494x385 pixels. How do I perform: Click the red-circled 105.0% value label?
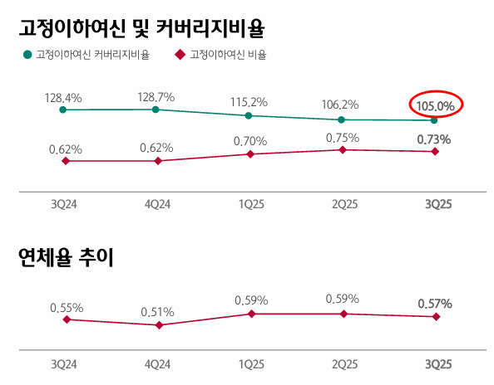(435, 105)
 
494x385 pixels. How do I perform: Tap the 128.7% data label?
(156, 97)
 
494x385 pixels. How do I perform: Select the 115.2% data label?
(249, 102)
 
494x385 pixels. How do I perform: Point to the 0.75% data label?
(342, 137)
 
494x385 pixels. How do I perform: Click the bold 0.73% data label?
(435, 139)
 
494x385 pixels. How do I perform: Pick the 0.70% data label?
(249, 141)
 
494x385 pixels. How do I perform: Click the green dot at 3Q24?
(64, 110)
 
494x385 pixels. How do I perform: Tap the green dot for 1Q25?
(249, 115)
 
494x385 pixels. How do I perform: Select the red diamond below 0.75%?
(342, 149)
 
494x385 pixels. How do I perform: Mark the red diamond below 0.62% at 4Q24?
(157, 160)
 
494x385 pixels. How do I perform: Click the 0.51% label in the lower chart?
(157, 313)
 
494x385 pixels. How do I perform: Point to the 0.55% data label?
(66, 307)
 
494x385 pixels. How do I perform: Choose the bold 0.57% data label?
(435, 305)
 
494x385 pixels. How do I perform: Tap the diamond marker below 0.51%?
(157, 325)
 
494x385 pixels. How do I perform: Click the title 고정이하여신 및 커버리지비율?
(141, 30)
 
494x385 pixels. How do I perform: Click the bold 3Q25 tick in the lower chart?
(435, 364)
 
